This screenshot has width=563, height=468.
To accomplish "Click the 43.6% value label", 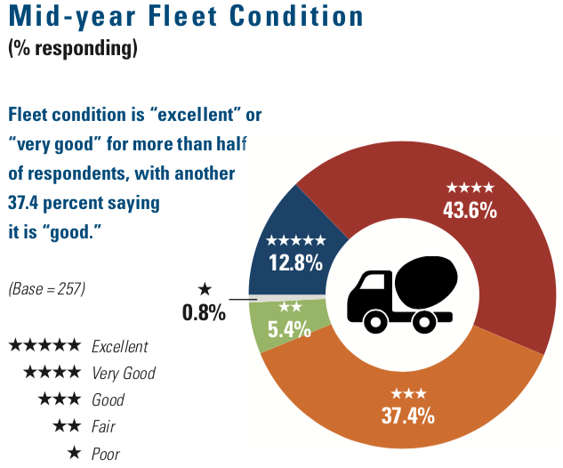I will click(x=470, y=211).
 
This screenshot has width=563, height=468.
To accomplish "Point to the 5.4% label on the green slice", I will click(x=289, y=329).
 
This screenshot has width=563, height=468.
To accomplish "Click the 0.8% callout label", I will click(x=204, y=312).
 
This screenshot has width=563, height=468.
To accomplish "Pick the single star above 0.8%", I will click(x=205, y=289).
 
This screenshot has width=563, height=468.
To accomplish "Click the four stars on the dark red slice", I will click(x=470, y=189).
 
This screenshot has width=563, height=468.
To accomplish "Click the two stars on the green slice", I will click(x=290, y=308).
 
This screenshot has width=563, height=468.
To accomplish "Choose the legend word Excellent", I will click(x=120, y=346).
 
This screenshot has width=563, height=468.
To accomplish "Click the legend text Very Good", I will click(x=124, y=373).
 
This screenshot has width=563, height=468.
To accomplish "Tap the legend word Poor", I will click(x=106, y=454).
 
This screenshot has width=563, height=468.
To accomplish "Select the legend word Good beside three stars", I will click(x=109, y=400).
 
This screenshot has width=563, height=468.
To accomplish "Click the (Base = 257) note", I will click(x=46, y=289).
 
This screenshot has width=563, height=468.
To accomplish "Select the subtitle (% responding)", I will click(x=73, y=49).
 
